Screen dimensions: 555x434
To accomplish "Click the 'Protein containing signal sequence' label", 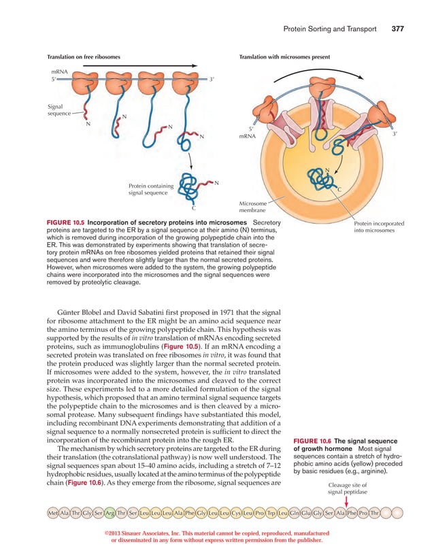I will [x=150, y=190].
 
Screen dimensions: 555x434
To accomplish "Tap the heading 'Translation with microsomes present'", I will [x=284, y=57].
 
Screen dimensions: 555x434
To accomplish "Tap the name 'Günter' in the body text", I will [x=77, y=312].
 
